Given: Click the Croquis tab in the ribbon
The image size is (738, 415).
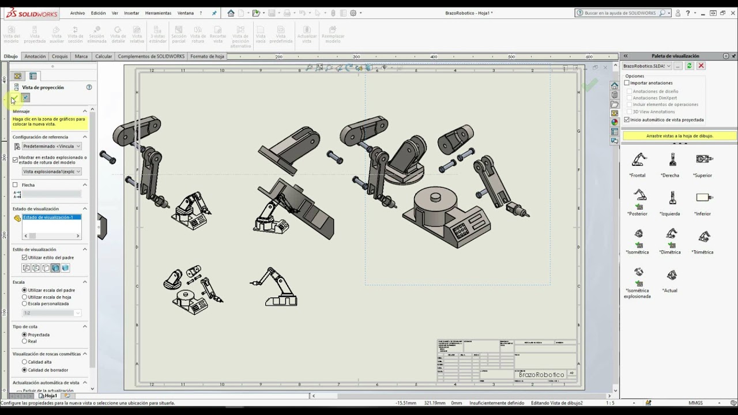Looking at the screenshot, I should tap(60, 56).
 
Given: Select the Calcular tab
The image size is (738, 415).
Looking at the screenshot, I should tap(104, 56).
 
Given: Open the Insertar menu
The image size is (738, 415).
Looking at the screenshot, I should tap(131, 13).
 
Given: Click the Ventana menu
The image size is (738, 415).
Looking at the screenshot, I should tap(185, 13).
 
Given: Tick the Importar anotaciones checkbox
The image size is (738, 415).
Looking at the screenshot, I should tap(627, 83).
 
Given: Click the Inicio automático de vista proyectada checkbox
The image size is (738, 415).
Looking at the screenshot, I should tap(627, 120).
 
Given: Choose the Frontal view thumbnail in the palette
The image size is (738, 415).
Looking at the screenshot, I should tap(638, 160).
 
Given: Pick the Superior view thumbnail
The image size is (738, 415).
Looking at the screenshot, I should tap(703, 160).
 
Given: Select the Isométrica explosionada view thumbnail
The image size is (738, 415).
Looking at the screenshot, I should tap(638, 273).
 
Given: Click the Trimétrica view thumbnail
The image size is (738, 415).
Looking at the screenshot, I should tap(703, 236).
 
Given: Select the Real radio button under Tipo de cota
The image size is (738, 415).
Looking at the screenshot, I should tap(24, 341).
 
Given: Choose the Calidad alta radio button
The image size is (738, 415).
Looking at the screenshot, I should tap(24, 362).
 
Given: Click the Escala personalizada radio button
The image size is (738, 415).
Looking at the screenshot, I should tap(24, 303).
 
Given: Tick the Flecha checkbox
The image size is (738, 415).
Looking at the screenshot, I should tap(16, 185).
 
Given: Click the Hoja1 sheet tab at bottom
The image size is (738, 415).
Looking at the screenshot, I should tap(51, 396).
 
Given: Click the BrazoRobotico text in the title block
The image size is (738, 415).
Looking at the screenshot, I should tap(541, 375).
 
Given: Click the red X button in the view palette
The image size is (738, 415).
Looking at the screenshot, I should tap(701, 66).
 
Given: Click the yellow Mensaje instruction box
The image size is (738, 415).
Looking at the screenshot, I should tap(50, 122).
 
